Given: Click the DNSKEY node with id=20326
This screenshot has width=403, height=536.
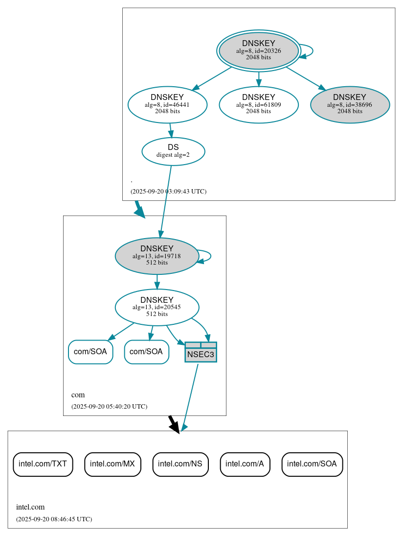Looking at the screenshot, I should [258, 50].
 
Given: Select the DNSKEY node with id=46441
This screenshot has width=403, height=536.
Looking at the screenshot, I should [167, 104].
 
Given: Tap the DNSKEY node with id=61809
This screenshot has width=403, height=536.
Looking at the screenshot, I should [258, 104].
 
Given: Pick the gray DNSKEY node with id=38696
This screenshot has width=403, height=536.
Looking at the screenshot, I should [350, 104].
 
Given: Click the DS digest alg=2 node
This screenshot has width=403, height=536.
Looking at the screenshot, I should [173, 151].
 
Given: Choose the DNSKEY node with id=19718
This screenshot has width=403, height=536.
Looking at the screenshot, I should [157, 256].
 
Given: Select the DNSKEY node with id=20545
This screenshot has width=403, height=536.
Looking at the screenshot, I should [157, 307].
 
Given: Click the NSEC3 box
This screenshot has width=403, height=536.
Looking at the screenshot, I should [201, 352].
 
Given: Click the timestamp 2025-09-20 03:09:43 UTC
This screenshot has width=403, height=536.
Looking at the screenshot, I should [168, 192].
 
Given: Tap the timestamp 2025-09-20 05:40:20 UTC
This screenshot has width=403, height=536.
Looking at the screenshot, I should [109, 407].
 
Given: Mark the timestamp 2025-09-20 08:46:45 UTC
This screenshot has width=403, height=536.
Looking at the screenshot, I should [54, 519].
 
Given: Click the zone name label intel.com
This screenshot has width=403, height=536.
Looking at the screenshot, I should [30, 507].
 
